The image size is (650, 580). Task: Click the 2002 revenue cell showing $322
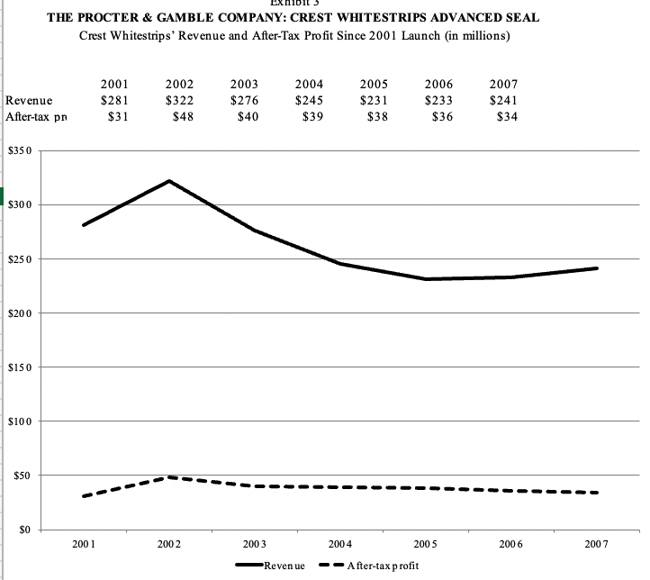(179, 100)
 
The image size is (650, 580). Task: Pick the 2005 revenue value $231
(374, 100)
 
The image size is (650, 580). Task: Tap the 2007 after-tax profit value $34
(507, 117)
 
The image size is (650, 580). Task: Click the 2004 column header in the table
(310, 84)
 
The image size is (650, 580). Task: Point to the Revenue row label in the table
(28, 100)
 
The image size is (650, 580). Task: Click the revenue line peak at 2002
(169, 181)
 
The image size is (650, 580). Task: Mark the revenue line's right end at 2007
(596, 268)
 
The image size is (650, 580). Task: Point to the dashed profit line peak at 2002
(169, 477)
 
